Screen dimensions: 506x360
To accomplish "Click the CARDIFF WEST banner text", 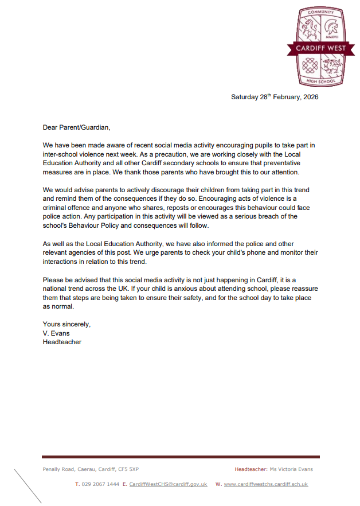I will pyautogui.click(x=320, y=48).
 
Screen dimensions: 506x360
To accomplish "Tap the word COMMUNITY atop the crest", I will pyautogui.click(x=320, y=11).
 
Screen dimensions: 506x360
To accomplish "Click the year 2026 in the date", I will pyautogui.click(x=310, y=97).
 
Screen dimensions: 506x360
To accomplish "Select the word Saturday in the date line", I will pyautogui.click(x=245, y=97).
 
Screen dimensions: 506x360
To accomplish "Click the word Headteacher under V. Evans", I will pyautogui.click(x=62, y=342).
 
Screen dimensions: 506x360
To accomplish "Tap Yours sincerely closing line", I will pyautogui.click(x=66, y=324).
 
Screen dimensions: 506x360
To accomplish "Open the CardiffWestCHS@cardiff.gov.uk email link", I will pyautogui.click(x=168, y=484).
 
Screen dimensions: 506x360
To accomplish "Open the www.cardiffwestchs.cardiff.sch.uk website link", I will pyautogui.click(x=265, y=484).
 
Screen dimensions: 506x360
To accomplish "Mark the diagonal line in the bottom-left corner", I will pyautogui.click(x=28, y=486).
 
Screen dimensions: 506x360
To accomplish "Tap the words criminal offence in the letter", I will pyautogui.click(x=67, y=208).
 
